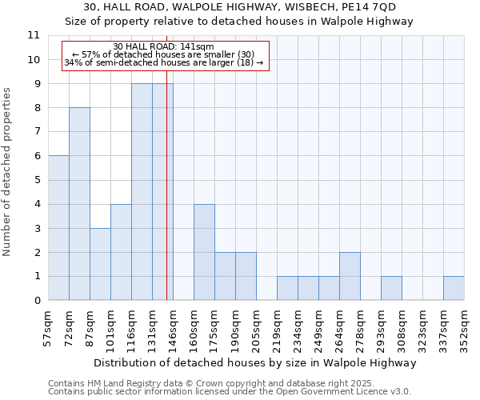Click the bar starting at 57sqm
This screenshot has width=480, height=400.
click(x=58, y=228)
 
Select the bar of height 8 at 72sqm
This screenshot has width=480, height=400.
click(x=79, y=204)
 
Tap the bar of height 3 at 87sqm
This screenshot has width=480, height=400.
click(x=100, y=264)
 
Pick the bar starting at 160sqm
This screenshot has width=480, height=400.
click(x=204, y=252)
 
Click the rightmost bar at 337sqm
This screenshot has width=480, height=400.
click(x=454, y=289)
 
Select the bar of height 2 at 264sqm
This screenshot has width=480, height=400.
click(x=350, y=277)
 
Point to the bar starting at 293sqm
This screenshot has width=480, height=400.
click(x=391, y=289)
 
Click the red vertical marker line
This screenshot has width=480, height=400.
click(x=166, y=200)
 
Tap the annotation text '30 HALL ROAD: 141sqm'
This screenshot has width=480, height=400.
click(x=163, y=47)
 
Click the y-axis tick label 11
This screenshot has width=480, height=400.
click(x=33, y=35)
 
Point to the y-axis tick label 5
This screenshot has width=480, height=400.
click(x=36, y=180)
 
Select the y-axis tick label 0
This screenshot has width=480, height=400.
click(x=36, y=301)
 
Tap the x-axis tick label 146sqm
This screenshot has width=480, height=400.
click(x=174, y=328)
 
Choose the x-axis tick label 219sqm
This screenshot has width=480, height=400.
click(x=278, y=328)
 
